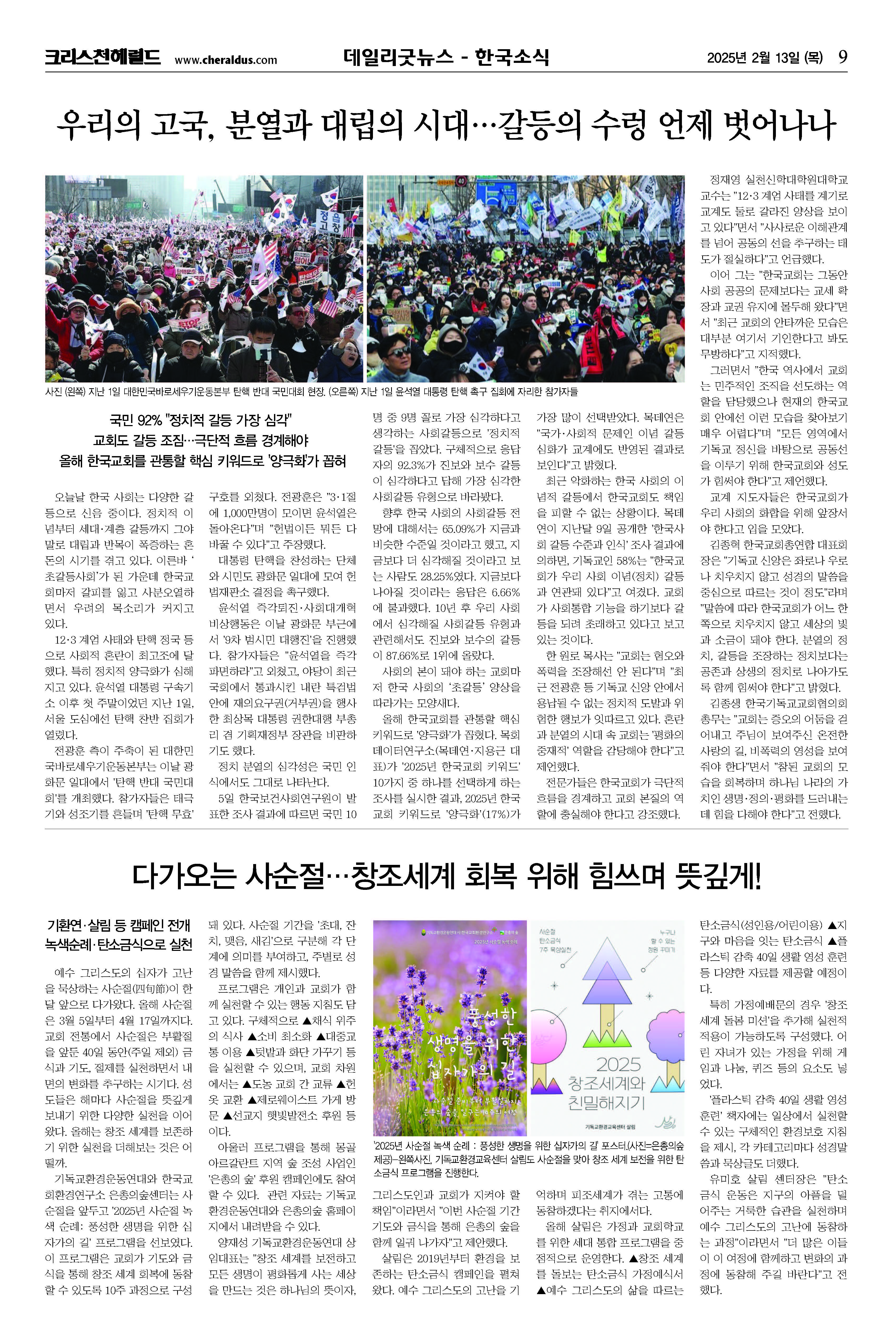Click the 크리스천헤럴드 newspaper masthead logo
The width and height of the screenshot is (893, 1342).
pyautogui.click(x=103, y=58)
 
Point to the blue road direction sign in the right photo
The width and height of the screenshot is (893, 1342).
pyautogui.click(x=497, y=194)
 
